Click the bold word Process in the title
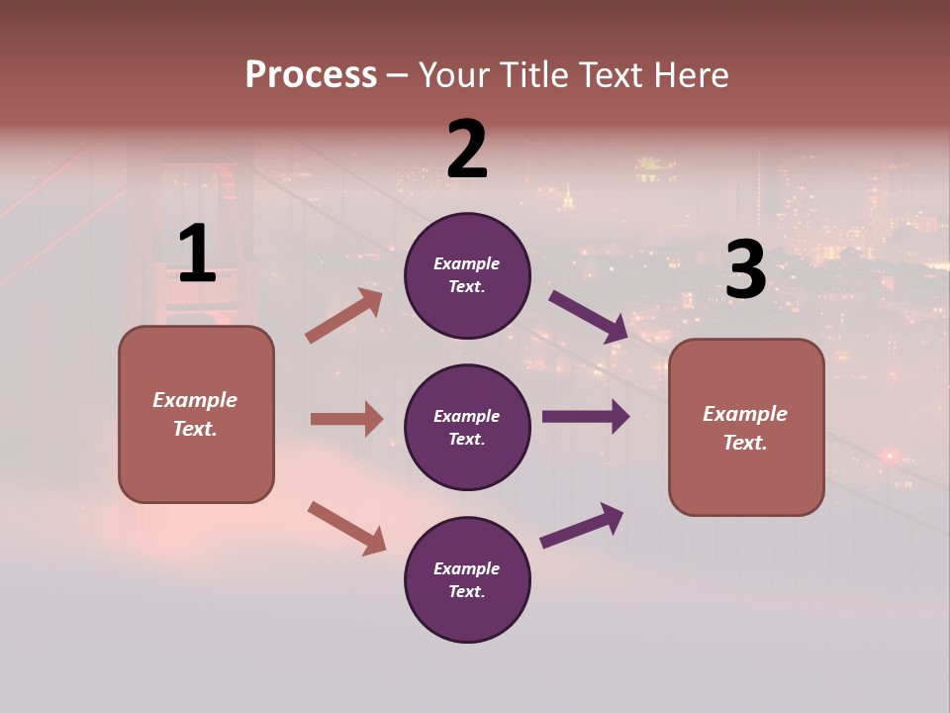click(311, 75)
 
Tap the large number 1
click(197, 255)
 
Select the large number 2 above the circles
click(467, 150)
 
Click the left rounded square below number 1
click(196, 414)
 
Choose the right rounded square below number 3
click(746, 427)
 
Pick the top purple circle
click(467, 275)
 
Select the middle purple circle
click(467, 427)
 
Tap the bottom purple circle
click(467, 579)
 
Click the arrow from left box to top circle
click(343, 316)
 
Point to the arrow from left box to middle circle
click(346, 419)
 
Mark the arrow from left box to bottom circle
click(346, 528)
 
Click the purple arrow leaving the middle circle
click(585, 417)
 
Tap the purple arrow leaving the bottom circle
click(582, 526)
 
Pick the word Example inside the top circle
click(467, 264)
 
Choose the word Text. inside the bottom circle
click(467, 591)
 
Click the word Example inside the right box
click(745, 414)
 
